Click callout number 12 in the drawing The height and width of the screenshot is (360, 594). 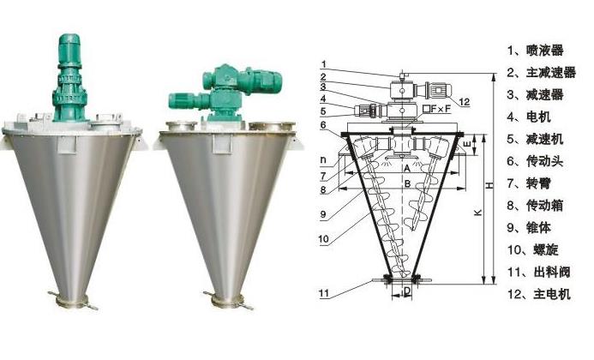point(464,102)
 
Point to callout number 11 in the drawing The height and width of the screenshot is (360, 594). point(323,293)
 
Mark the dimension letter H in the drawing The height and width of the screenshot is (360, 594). point(487,185)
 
